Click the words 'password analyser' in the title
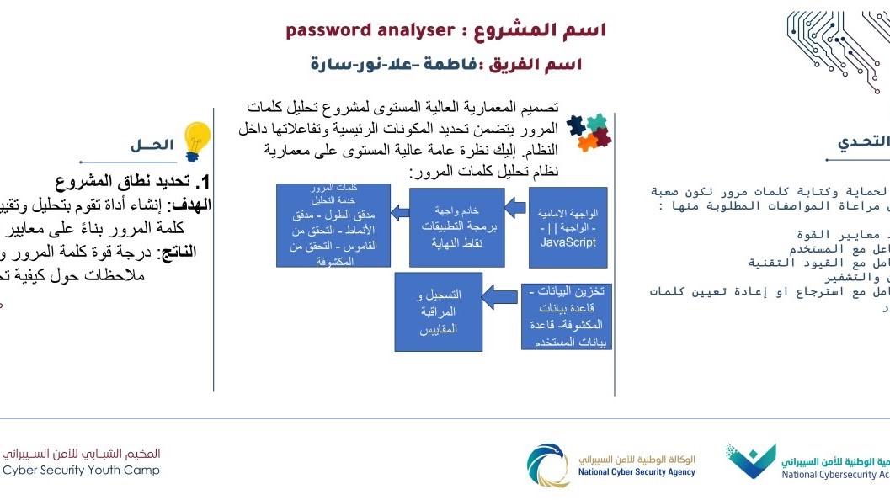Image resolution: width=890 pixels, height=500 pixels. [x=370, y=31]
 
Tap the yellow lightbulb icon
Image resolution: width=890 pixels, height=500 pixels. [x=196, y=140]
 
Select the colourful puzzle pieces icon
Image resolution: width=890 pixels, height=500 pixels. [x=589, y=132]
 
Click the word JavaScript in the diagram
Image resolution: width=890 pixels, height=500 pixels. [x=568, y=242]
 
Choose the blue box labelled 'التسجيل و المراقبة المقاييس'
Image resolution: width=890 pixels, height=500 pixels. [x=439, y=311]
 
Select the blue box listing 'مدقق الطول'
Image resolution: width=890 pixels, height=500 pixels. [x=333, y=226]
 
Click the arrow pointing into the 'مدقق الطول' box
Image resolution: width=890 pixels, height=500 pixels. [x=400, y=214]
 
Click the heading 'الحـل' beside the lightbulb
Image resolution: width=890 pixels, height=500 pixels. [x=152, y=145]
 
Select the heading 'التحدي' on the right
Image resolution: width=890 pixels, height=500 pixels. [x=863, y=141]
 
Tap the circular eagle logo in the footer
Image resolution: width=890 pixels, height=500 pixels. [x=548, y=465]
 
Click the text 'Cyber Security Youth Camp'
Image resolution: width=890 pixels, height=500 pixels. [x=81, y=471]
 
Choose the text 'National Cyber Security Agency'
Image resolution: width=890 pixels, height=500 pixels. [x=637, y=472]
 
